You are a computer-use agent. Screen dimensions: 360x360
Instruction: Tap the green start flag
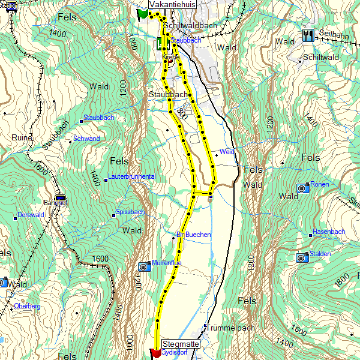[142, 13]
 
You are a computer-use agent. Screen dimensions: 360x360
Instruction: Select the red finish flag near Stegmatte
[155, 352]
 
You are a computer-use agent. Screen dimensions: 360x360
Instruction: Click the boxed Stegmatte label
[181, 344]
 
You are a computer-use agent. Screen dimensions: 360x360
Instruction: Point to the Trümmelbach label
[230, 328]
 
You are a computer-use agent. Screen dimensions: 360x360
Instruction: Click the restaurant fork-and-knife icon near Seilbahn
[309, 35]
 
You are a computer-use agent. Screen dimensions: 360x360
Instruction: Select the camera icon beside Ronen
[302, 188]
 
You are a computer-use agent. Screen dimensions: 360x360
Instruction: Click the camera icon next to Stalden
[301, 257]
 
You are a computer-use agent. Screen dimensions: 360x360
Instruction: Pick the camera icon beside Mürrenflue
[143, 266]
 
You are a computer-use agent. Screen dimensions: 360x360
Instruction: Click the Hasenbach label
[329, 232]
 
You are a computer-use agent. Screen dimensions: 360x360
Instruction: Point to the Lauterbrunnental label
[132, 177]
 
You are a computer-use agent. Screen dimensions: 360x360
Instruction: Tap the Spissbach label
[130, 212]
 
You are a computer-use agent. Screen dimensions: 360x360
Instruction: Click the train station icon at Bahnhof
[59, 198]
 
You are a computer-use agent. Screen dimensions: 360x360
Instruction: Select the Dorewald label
[31, 215]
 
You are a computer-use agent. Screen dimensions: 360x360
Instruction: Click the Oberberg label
[27, 307]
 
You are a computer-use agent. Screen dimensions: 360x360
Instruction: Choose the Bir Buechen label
[193, 235]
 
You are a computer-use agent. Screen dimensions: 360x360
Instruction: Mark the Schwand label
[86, 139]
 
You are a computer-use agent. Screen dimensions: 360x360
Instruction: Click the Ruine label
[22, 137]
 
